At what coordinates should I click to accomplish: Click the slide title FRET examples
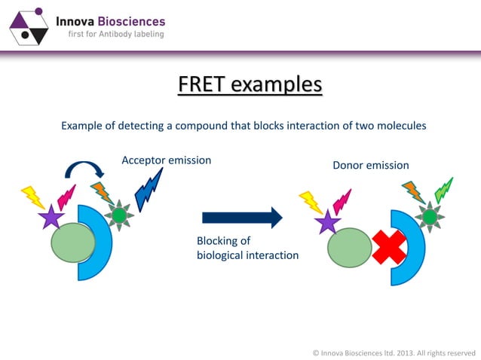pos(250,84)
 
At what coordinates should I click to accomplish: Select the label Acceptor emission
pos(166,160)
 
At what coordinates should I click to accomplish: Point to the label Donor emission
pos(371,165)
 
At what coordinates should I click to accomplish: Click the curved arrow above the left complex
pos(85,169)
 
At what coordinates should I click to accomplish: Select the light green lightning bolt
pos(443,191)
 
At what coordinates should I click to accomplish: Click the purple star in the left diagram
pos(51,218)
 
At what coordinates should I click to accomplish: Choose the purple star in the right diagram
pos(328,222)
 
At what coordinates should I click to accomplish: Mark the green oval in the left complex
pos(73,242)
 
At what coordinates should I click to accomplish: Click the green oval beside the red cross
pos(351,249)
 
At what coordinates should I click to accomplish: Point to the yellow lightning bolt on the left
pos(33,197)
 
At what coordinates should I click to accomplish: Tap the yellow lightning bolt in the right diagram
pos(311,201)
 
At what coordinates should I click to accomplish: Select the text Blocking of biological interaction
pos(247,248)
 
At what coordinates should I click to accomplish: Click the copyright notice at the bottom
pos(393,352)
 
